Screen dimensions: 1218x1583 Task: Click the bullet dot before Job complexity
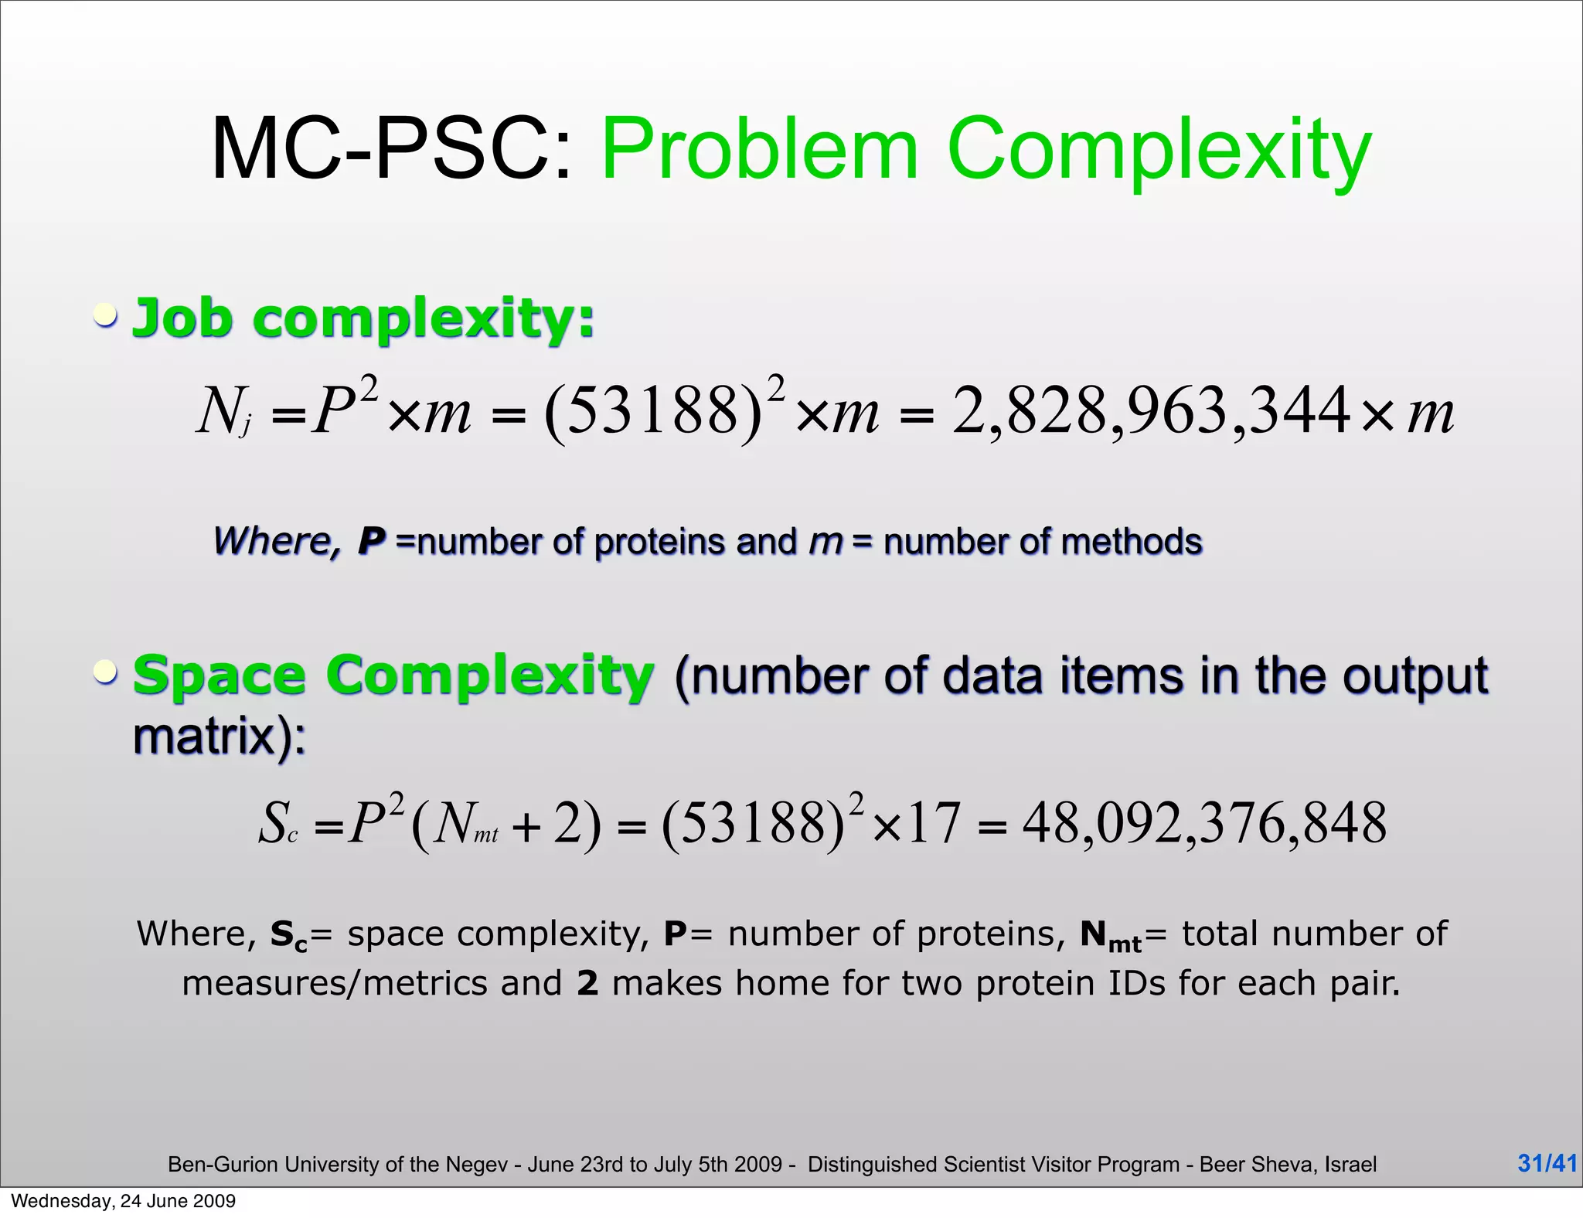(106, 315)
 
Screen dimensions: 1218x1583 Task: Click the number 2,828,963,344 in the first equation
(1152, 410)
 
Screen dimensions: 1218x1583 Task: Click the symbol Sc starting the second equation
(277, 825)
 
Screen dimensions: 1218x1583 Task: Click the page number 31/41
(1547, 1162)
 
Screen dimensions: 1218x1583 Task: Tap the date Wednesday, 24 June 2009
(123, 1200)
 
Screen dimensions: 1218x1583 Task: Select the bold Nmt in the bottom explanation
(1110, 935)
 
